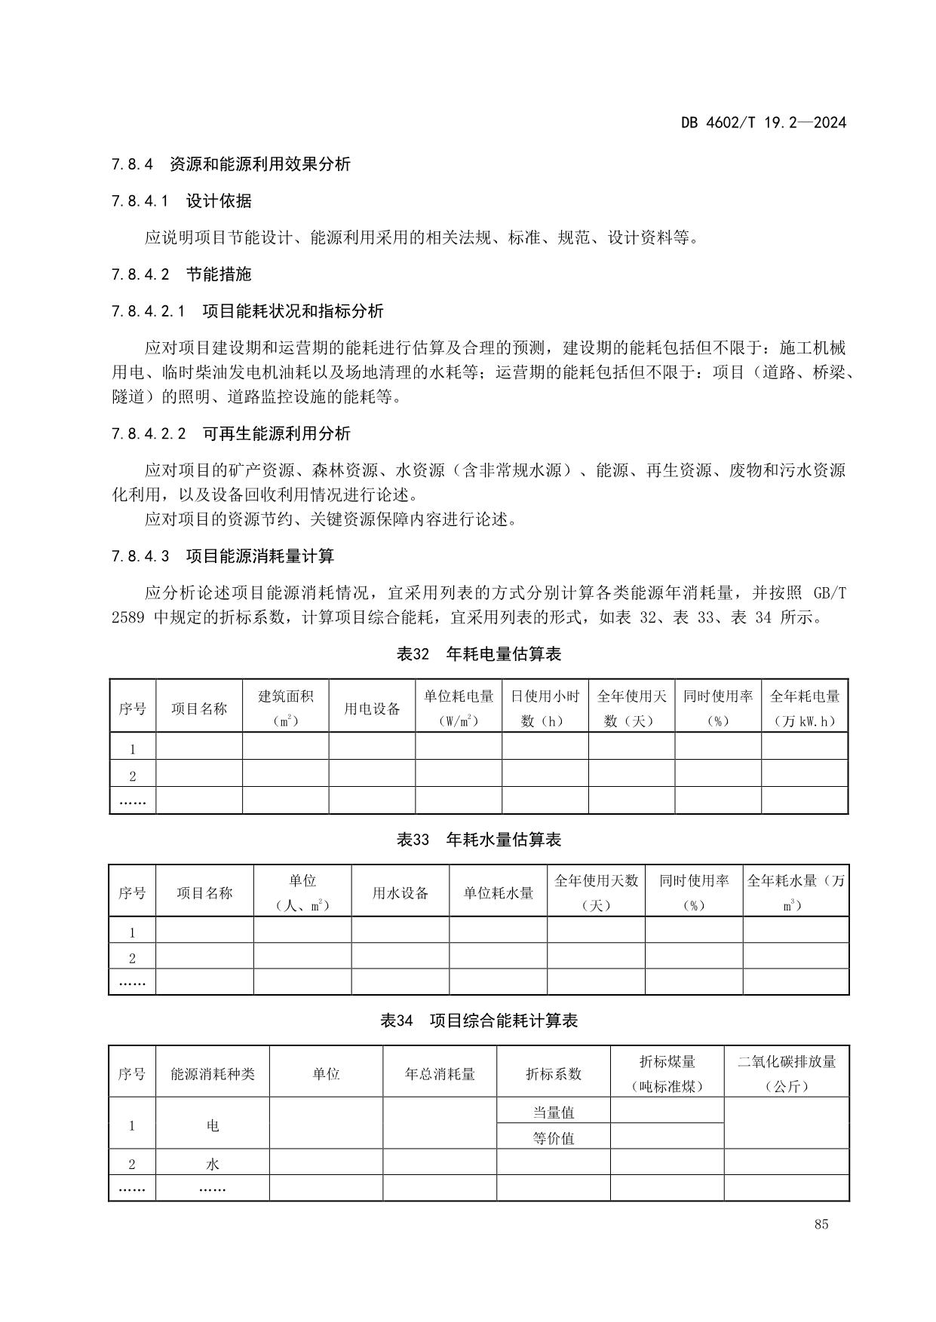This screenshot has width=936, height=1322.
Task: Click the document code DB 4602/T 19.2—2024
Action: click(763, 122)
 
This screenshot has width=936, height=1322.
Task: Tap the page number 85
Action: click(821, 1224)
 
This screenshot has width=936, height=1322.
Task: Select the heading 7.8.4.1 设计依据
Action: click(181, 200)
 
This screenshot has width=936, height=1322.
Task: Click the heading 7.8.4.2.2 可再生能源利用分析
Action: click(231, 433)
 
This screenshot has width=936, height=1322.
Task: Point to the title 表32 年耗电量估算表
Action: click(479, 654)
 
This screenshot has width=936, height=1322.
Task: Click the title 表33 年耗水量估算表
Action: click(479, 840)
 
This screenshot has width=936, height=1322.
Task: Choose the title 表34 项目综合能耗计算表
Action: click(479, 1021)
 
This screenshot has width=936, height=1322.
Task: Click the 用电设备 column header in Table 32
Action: click(372, 708)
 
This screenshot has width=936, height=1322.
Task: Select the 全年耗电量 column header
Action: click(804, 708)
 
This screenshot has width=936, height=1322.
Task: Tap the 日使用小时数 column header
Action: click(545, 708)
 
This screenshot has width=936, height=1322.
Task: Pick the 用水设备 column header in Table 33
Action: click(400, 893)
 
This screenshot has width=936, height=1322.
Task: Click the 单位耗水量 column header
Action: click(498, 893)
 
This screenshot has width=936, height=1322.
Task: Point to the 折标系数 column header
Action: click(553, 1073)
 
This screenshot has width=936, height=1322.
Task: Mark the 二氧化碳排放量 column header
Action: click(786, 1073)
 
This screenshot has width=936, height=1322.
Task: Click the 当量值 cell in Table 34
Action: click(553, 1112)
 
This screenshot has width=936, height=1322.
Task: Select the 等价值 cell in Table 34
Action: click(553, 1138)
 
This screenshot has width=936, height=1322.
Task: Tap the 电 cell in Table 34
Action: click(213, 1125)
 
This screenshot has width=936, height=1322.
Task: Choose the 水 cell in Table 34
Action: click(213, 1164)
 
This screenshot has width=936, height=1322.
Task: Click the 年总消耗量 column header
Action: click(439, 1073)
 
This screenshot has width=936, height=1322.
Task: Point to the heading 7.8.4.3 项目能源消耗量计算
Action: click(222, 556)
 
